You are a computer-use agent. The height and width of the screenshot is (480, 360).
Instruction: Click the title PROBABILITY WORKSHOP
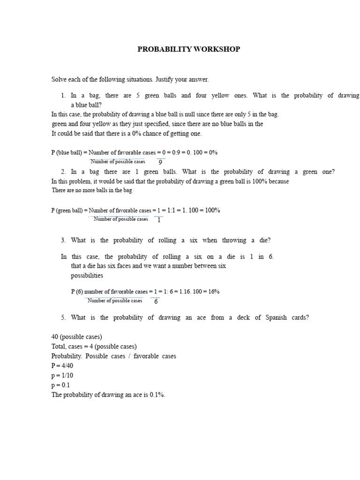pyautogui.click(x=188, y=49)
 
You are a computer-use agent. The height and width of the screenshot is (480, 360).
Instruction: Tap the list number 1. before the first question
pyautogui.click(x=64, y=95)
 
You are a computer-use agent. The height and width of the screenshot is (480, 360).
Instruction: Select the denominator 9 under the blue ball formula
pyautogui.click(x=160, y=162)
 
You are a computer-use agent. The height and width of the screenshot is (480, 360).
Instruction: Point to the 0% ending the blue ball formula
pyautogui.click(x=212, y=152)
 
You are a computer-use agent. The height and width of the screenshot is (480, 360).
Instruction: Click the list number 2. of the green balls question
pyautogui.click(x=64, y=172)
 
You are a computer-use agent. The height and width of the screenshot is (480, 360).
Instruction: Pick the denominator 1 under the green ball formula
pyautogui.click(x=159, y=220)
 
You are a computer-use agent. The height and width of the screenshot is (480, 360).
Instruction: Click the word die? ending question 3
pyautogui.click(x=264, y=240)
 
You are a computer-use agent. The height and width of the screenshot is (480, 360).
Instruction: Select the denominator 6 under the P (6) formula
pyautogui.click(x=156, y=301)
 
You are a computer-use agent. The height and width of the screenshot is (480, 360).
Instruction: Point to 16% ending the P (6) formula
pyautogui.click(x=214, y=291)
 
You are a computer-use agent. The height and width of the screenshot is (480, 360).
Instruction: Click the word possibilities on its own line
pyautogui.click(x=87, y=276)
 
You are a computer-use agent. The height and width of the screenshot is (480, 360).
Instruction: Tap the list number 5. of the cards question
pyautogui.click(x=64, y=317)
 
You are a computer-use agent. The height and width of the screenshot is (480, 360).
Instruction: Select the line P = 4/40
pyautogui.click(x=63, y=366)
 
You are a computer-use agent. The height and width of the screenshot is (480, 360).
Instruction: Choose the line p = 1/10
pyautogui.click(x=63, y=375)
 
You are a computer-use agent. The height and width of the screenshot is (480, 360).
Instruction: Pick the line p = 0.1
pyautogui.click(x=60, y=385)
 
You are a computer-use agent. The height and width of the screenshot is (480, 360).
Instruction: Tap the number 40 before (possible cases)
pyautogui.click(x=55, y=337)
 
